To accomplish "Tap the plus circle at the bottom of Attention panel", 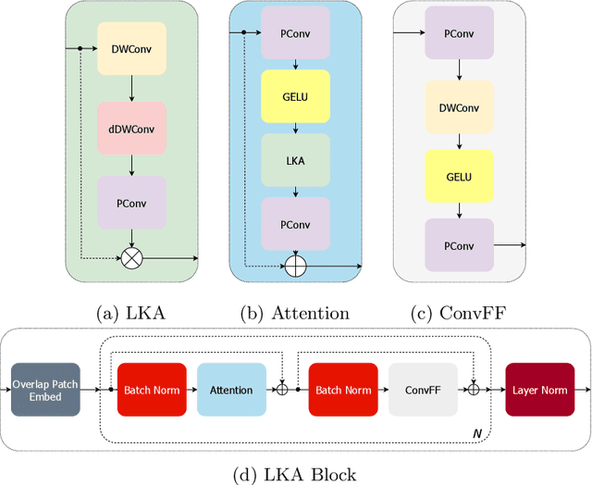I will tap(295, 266).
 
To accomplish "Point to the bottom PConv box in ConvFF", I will tap(460, 245).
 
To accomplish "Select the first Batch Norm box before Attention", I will tap(152, 390).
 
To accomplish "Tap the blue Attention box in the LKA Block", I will tap(231, 390).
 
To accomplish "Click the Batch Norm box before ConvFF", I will tap(343, 390).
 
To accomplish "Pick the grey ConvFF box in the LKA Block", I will tap(423, 390).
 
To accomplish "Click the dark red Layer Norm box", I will tap(539, 390).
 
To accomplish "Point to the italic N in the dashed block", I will tap(475, 432).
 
